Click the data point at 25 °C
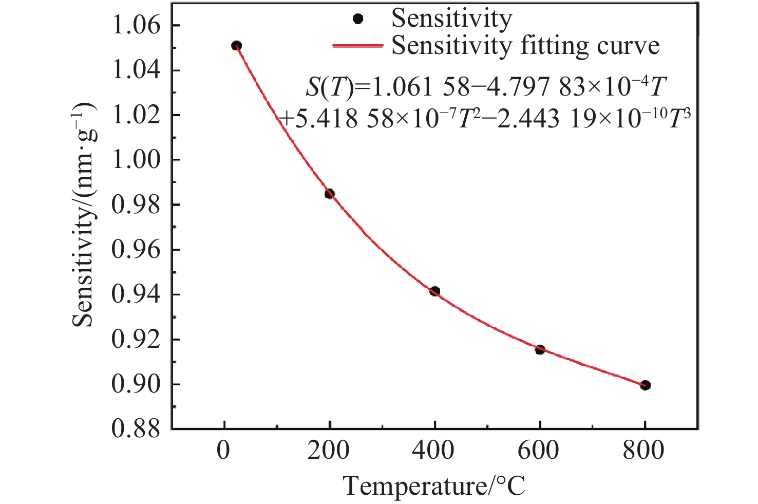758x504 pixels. click(236, 46)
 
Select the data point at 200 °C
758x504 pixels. click(330, 194)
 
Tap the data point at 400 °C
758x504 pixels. click(435, 291)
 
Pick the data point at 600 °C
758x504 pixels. click(540, 350)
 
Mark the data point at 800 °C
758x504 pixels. click(646, 385)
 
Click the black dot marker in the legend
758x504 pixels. click(358, 18)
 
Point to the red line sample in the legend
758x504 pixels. click(358, 46)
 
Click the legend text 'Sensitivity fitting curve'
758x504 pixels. click(525, 46)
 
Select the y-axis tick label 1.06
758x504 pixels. click(136, 26)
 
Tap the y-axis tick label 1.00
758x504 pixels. click(136, 160)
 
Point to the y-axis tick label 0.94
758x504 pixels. click(136, 294)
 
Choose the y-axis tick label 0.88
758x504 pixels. click(136, 429)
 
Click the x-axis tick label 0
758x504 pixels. click(224, 451)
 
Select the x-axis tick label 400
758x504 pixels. click(434, 451)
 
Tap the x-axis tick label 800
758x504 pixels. click(645, 451)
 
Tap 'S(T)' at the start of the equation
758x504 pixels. click(329, 89)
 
